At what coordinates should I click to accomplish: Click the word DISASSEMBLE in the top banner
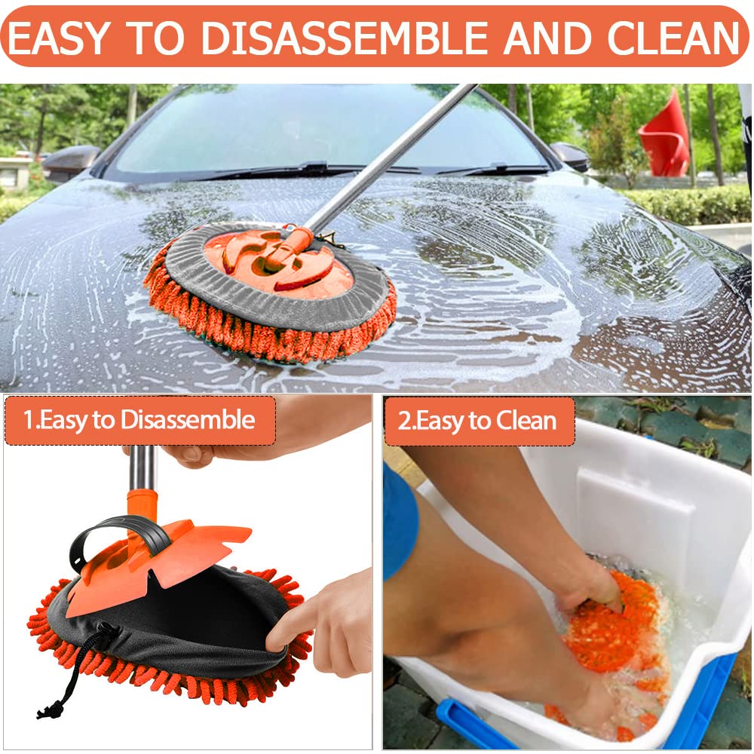[345, 38]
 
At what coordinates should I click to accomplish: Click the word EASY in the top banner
[58, 38]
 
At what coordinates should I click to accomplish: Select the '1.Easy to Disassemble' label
[139, 420]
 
